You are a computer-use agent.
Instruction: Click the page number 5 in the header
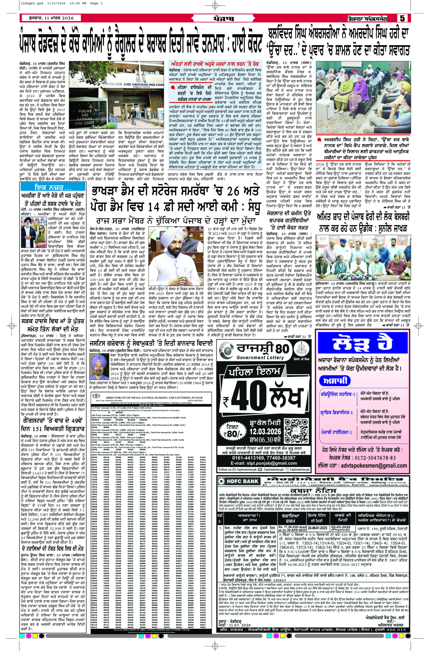402,18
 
